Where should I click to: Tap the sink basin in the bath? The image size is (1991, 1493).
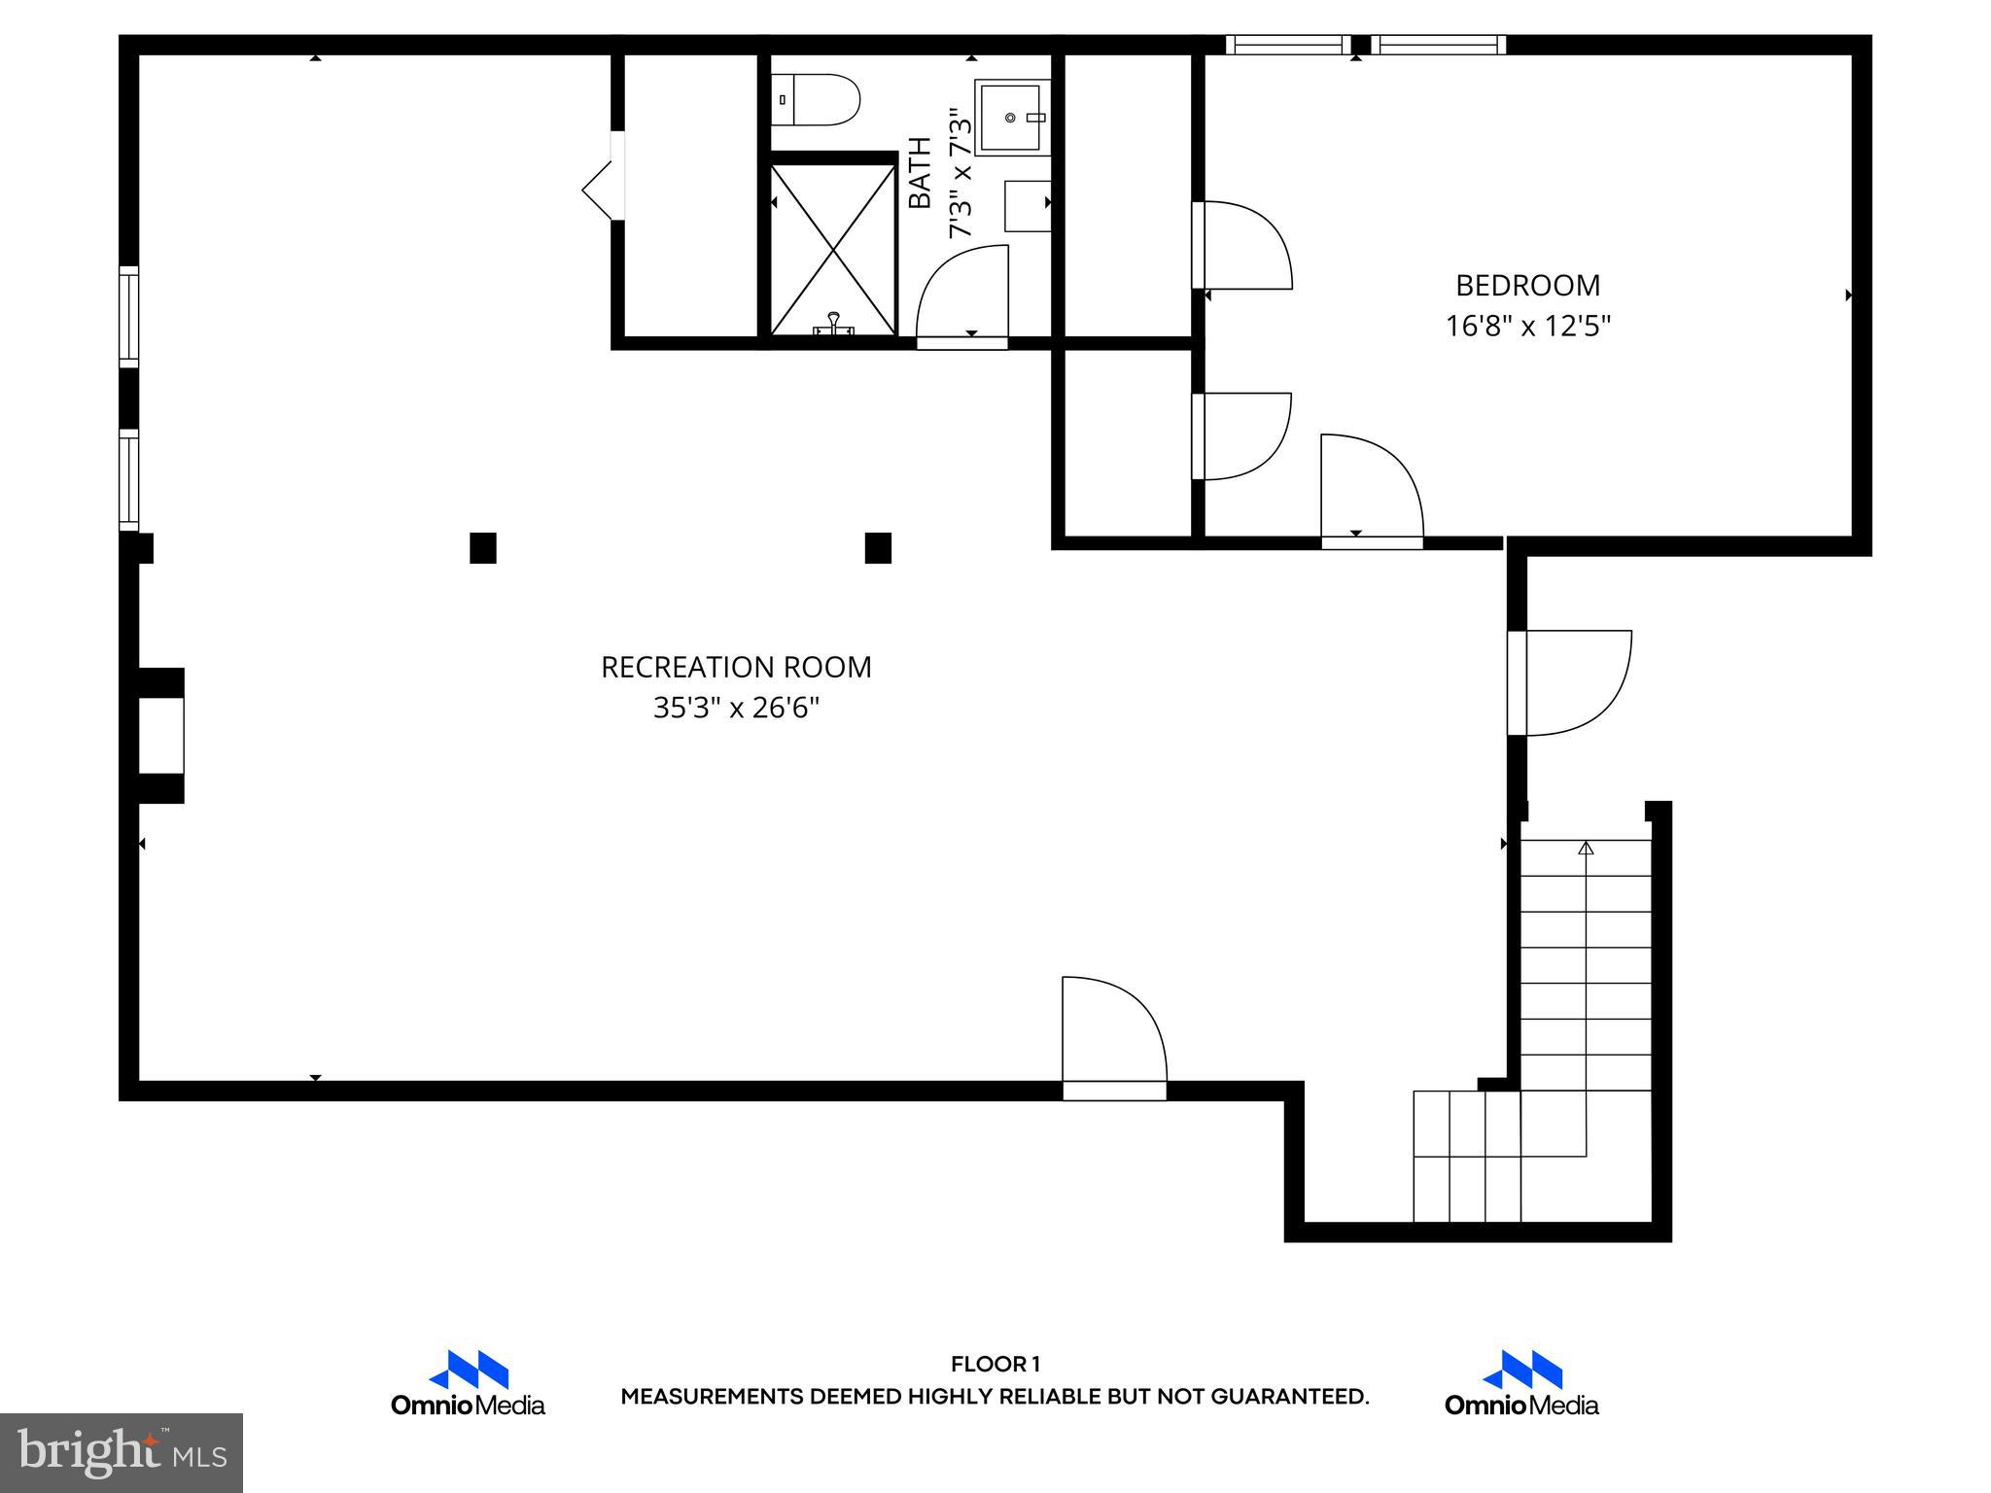[x=1013, y=118]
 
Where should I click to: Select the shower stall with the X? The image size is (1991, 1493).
[x=833, y=250]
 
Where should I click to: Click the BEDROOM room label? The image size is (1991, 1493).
[x=1527, y=286]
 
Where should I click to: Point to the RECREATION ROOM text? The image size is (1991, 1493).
[x=736, y=668]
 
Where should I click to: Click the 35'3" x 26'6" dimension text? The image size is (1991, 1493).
[x=736, y=708]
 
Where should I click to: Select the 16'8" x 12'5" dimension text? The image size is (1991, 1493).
[x=1527, y=326]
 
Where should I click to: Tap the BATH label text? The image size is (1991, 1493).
[x=920, y=173]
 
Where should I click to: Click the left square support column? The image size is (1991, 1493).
[x=483, y=548]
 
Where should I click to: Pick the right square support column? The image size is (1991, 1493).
[x=878, y=548]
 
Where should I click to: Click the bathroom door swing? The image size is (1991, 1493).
[x=962, y=292]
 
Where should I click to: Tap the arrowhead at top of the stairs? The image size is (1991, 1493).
[x=1586, y=849]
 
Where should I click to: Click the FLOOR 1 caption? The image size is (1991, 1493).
[x=995, y=1365]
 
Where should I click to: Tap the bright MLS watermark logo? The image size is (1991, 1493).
[x=122, y=1452]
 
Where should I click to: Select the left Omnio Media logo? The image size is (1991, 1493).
[x=468, y=1382]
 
